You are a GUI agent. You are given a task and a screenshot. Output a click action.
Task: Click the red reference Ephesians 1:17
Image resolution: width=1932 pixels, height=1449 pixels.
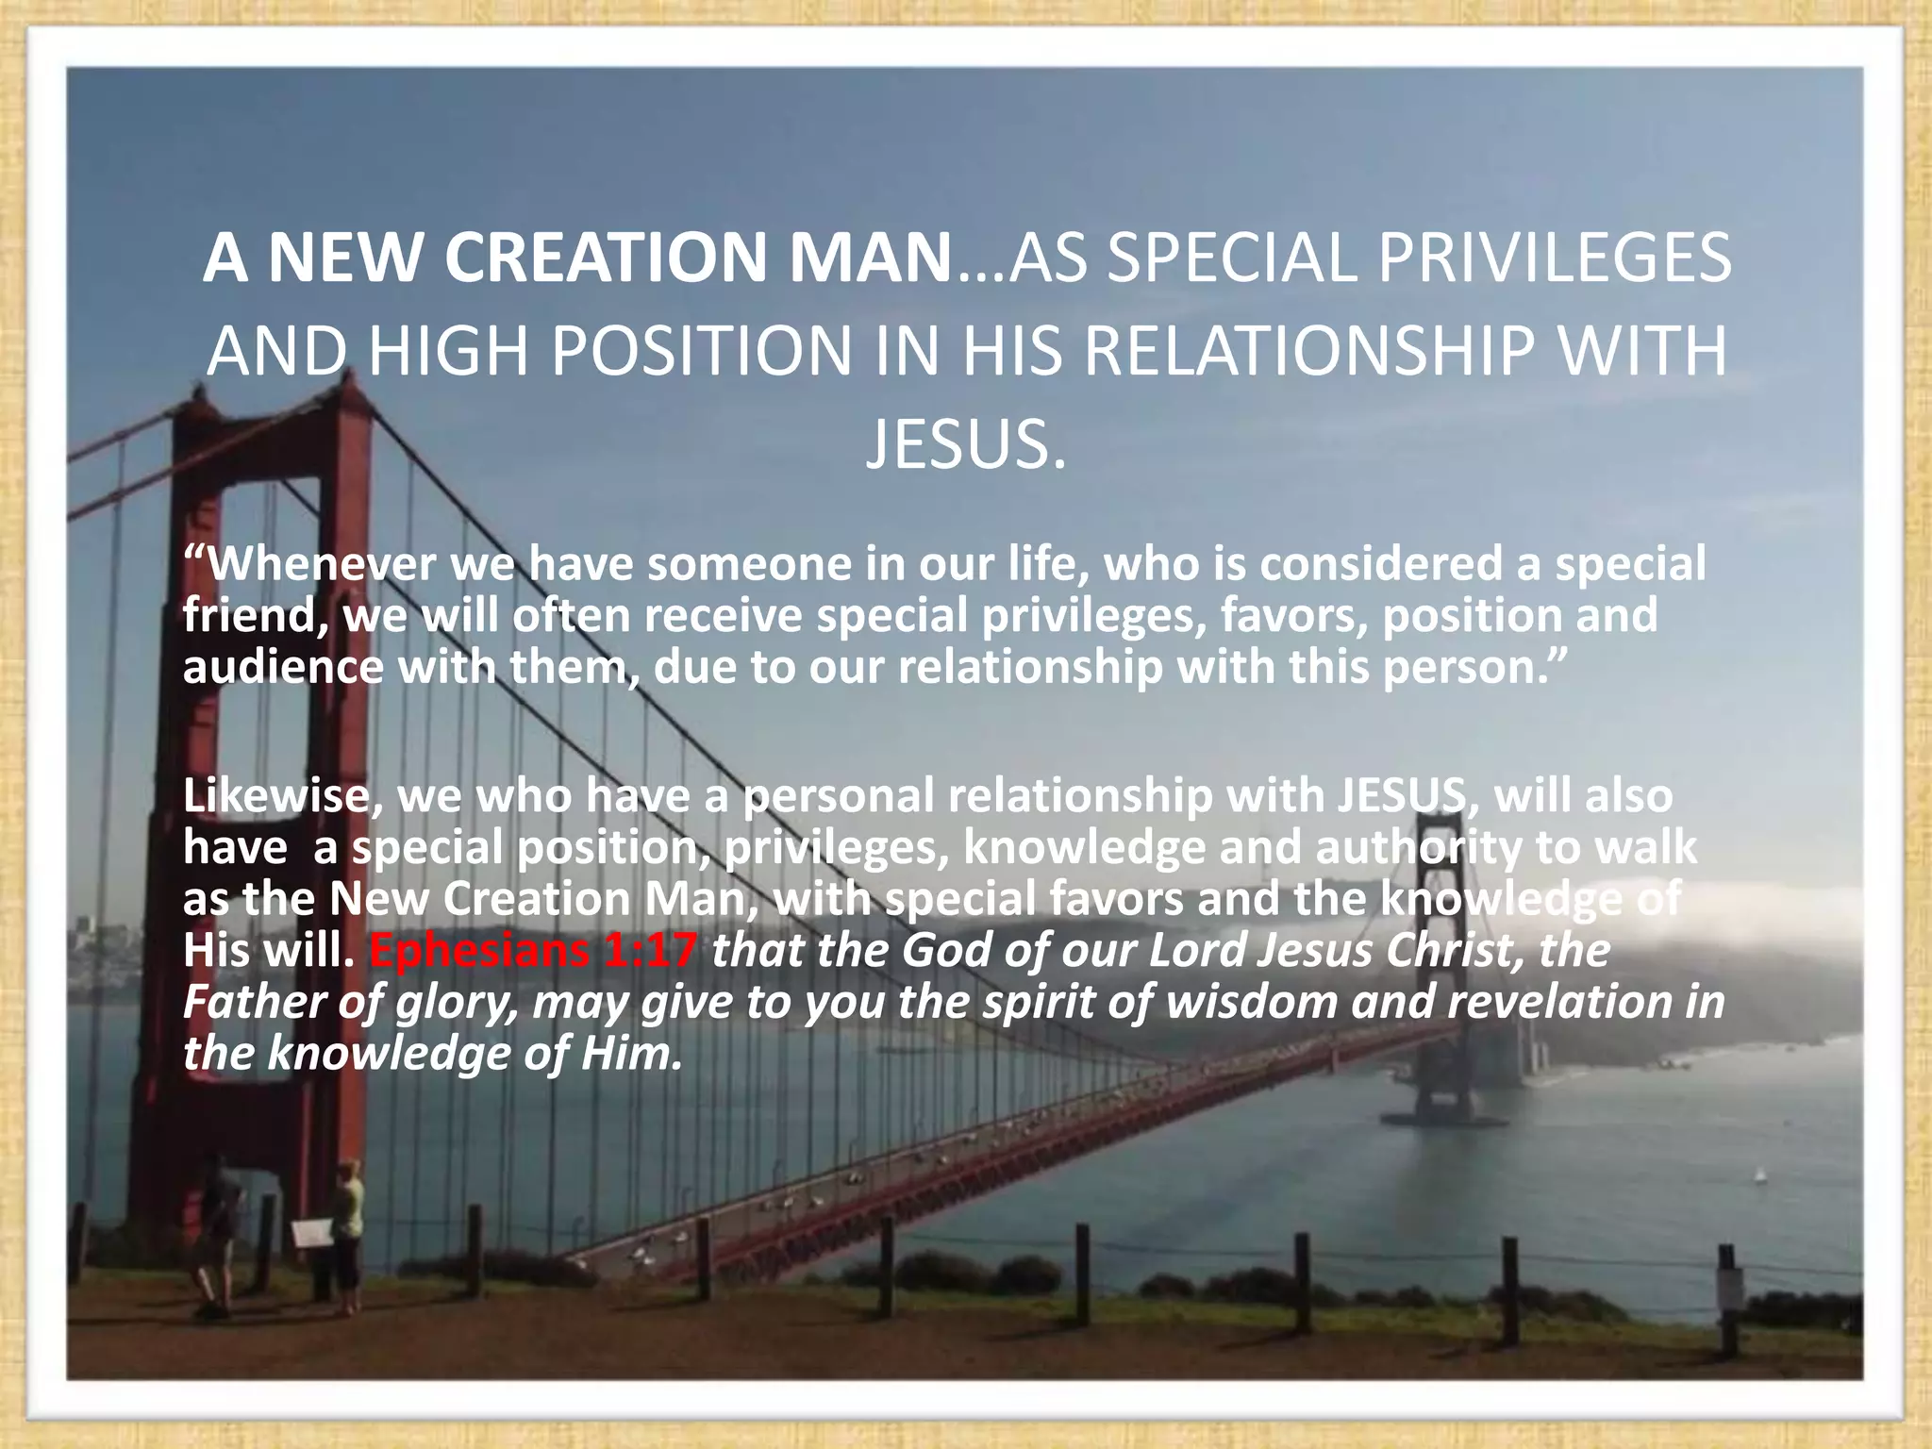(534, 950)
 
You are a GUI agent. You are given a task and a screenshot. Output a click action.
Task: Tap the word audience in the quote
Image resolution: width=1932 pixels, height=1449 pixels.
(283, 667)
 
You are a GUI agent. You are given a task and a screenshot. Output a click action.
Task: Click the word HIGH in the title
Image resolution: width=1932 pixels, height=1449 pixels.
(447, 351)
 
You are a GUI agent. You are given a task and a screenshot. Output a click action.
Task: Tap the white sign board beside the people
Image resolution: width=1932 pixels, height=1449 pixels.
(312, 1232)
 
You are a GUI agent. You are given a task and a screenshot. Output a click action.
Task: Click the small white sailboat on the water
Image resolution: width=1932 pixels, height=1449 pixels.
(1757, 1175)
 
